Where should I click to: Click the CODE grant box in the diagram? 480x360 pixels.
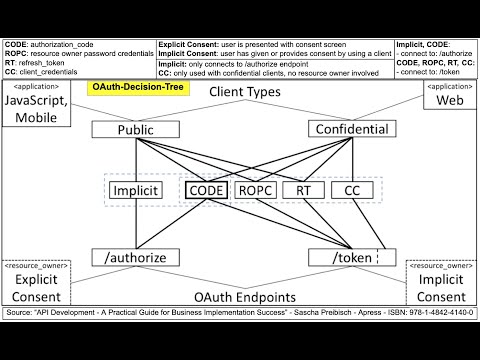coord(208,190)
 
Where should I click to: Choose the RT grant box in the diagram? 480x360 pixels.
coord(304,190)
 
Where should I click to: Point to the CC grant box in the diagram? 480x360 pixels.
coord(351,190)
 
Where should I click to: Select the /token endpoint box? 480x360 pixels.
coord(345,258)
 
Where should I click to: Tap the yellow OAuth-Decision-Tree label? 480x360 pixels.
coord(132,88)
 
